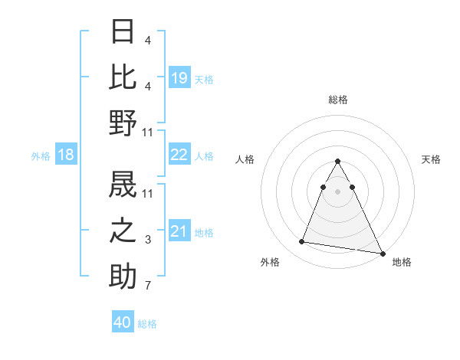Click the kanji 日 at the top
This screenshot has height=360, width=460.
(123, 33)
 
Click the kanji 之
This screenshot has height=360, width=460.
(123, 230)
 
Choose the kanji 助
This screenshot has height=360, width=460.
(123, 277)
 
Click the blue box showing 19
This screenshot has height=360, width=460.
(179, 77)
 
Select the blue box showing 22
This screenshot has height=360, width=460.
(179, 155)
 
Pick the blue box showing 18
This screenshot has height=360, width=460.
(66, 155)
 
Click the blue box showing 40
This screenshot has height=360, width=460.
(123, 322)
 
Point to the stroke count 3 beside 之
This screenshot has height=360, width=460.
(148, 241)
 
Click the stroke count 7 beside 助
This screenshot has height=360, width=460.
(148, 286)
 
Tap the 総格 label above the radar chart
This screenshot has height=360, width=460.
(338, 100)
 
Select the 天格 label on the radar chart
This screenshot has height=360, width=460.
(432, 159)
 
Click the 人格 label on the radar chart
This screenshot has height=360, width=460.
(245, 159)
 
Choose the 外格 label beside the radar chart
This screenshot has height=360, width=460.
(269, 262)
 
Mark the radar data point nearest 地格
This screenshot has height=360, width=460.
(383, 254)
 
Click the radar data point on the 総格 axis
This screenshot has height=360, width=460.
(338, 161)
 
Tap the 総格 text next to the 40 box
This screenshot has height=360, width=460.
(148, 324)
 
